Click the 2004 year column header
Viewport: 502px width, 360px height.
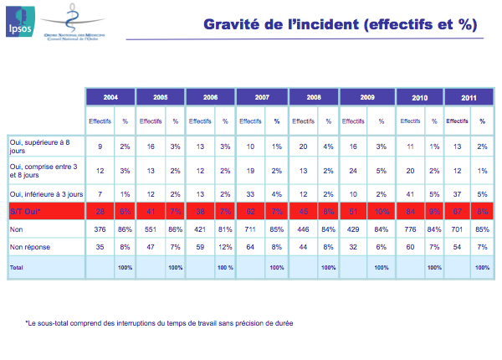109,98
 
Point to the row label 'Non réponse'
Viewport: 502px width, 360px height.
28,247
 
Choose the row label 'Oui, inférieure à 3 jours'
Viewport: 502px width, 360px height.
45,193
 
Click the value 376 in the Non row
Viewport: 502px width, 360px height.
100,228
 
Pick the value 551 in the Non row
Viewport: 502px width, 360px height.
150,228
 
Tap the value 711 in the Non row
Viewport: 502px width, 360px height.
250,228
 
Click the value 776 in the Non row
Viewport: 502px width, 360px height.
410,228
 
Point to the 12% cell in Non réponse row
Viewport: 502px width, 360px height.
227,247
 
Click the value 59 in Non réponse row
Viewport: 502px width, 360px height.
200,247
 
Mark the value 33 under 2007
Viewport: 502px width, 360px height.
250,193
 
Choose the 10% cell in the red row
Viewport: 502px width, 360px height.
377,209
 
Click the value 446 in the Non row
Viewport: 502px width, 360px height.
303,228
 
